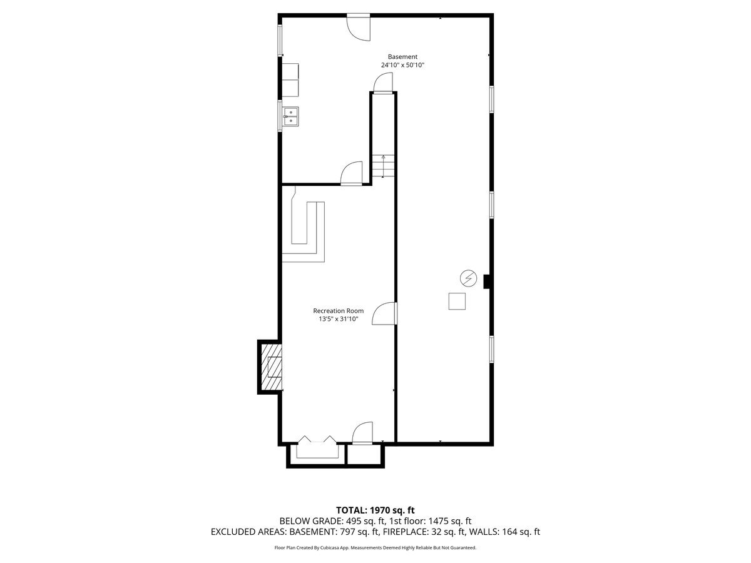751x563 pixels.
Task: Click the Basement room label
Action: [402, 56]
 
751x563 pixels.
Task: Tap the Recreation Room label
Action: [338, 310]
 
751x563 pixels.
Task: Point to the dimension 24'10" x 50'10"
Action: [402, 65]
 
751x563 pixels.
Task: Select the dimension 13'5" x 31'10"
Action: [338, 319]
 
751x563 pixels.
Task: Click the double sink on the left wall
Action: [291, 116]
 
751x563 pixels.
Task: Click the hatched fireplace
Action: [270, 367]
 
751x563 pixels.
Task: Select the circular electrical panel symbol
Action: [467, 277]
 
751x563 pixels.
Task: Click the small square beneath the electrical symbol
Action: [457, 301]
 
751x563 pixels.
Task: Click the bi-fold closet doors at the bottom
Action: [317, 443]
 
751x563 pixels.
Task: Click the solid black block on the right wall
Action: [486, 281]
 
